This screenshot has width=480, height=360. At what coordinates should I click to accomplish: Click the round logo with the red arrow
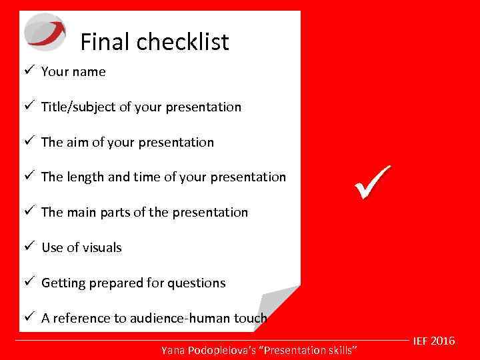pyautogui.click(x=45, y=31)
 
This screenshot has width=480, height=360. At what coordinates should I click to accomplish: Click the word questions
pyautogui.click(x=197, y=283)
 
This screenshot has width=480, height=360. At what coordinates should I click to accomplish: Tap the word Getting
pyautogui.click(x=63, y=283)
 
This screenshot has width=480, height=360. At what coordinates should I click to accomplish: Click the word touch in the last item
pyautogui.click(x=250, y=319)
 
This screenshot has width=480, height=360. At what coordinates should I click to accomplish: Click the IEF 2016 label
pyautogui.click(x=434, y=341)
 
